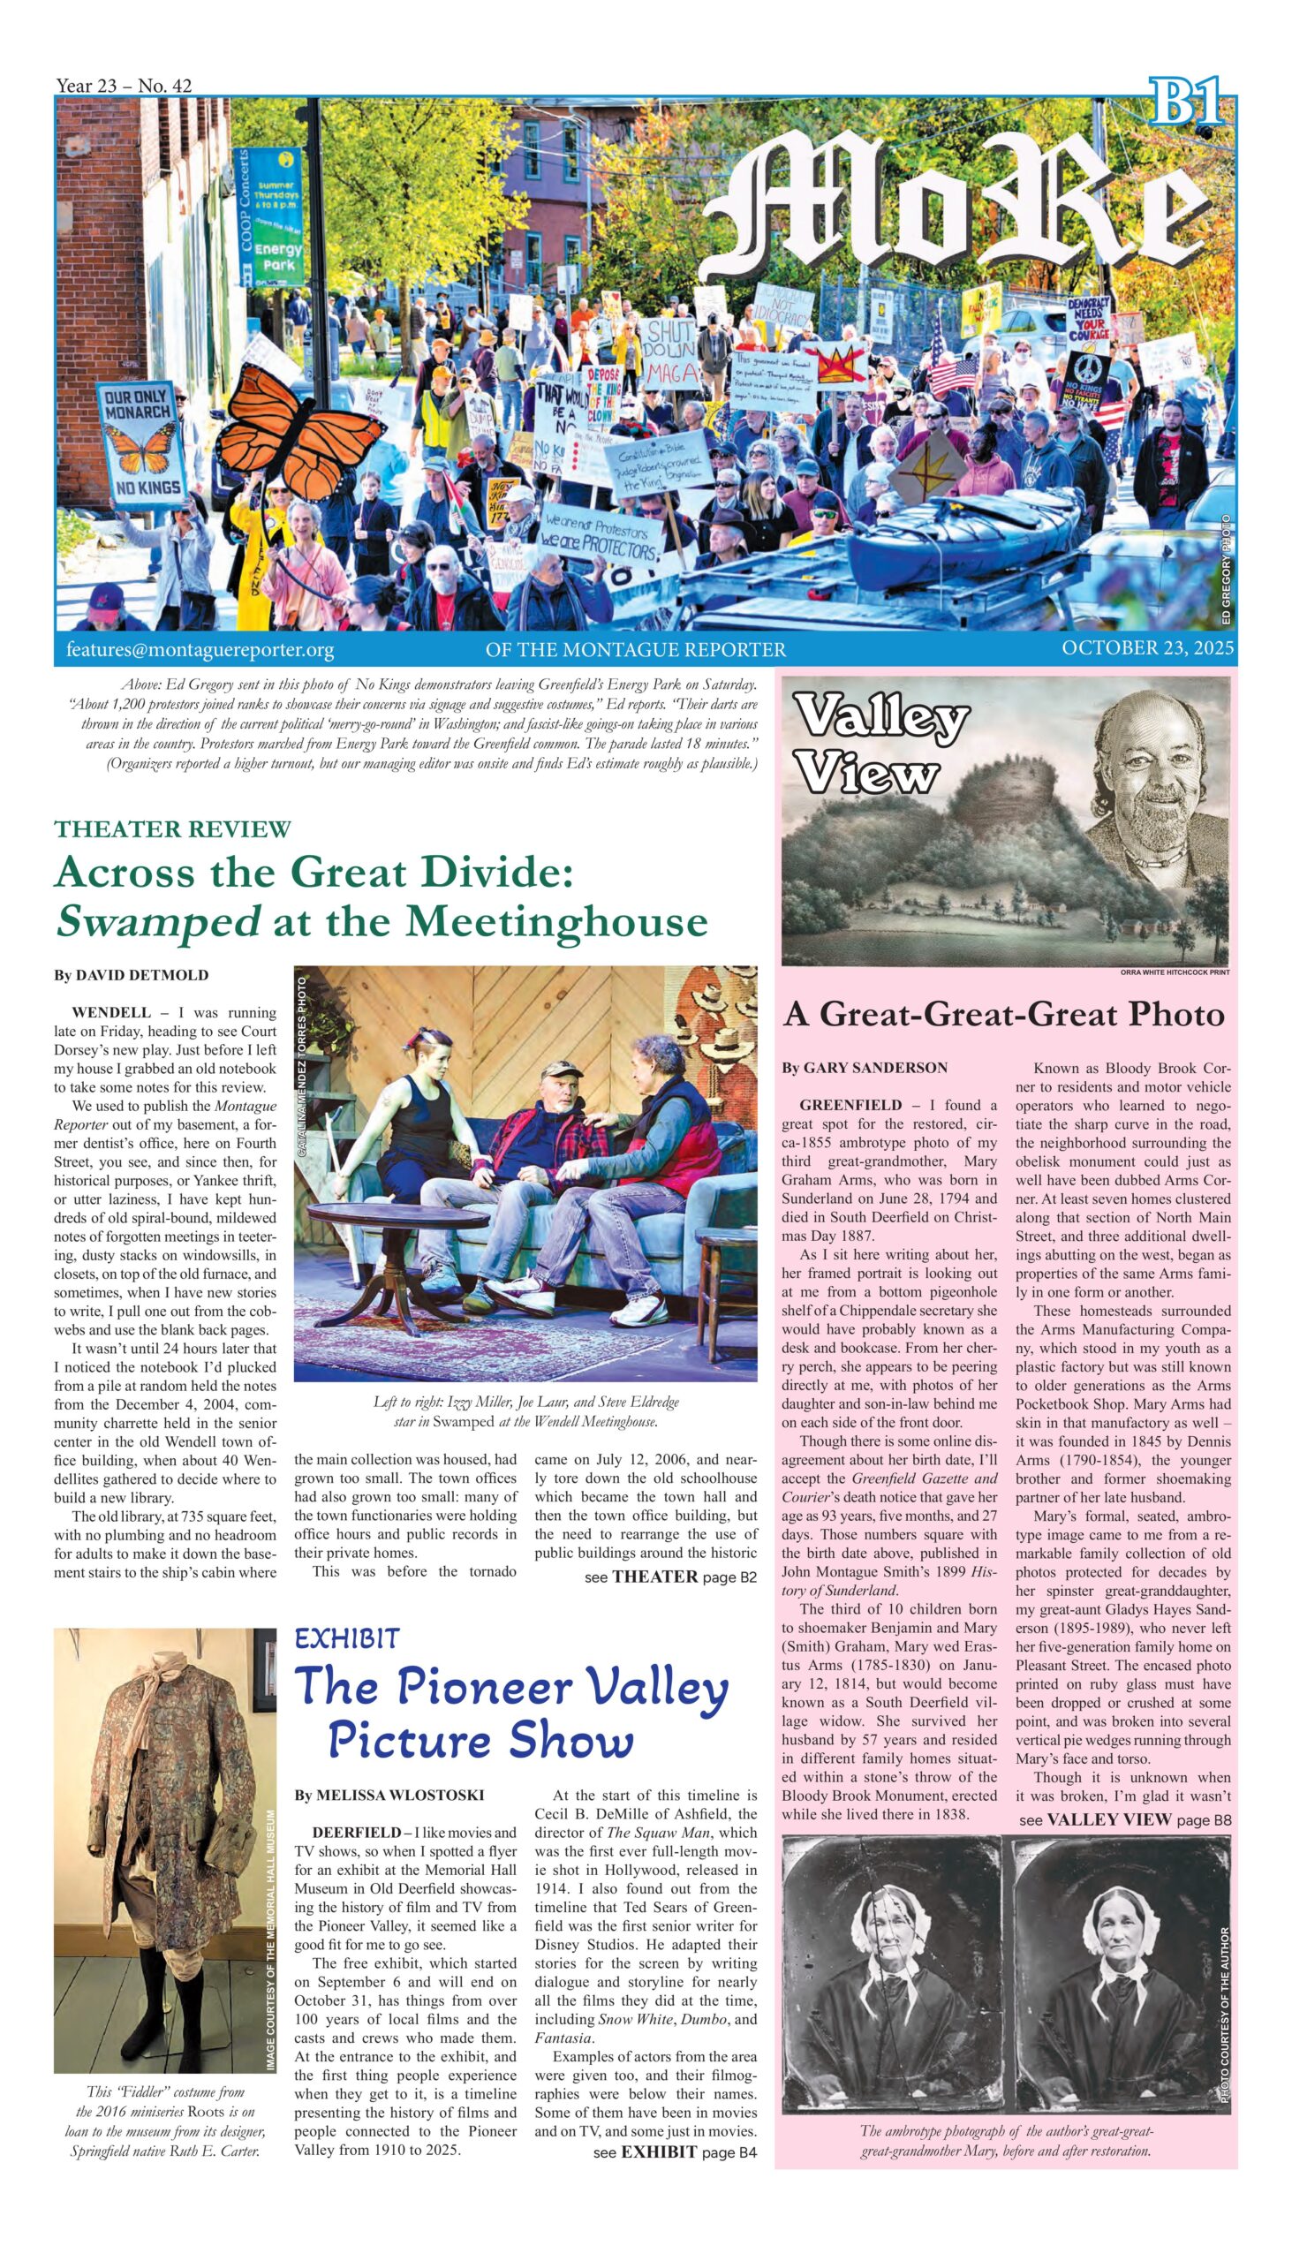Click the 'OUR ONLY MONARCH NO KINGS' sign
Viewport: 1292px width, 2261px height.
[x=141, y=442]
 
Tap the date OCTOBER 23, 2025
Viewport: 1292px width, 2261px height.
[x=1147, y=647]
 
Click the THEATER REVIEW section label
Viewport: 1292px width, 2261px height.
[x=172, y=828]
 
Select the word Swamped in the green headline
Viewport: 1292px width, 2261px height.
[x=158, y=921]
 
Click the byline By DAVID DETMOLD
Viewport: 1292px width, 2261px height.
[x=132, y=975]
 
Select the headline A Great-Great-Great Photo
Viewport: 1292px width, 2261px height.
[x=1003, y=1014]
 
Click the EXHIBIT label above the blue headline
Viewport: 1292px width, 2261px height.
[x=347, y=1639]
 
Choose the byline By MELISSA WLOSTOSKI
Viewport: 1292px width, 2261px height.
[x=389, y=1796]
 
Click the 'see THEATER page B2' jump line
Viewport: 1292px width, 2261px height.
[x=670, y=1577]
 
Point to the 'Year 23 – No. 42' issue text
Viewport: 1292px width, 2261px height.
[x=124, y=85]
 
